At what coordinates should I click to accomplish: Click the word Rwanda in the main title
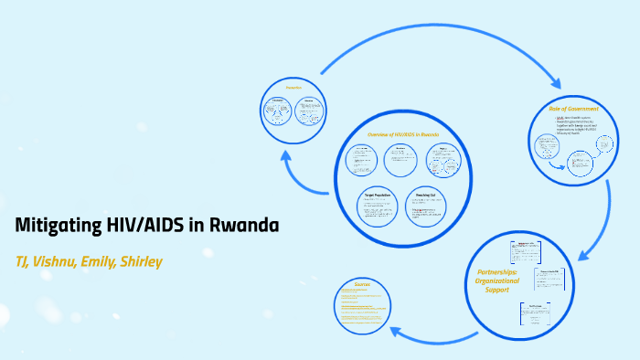pos(243,226)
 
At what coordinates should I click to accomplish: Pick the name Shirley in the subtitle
pos(143,262)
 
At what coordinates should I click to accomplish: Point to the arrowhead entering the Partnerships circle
pos(586,243)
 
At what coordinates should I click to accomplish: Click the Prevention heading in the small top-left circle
pos(293,88)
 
